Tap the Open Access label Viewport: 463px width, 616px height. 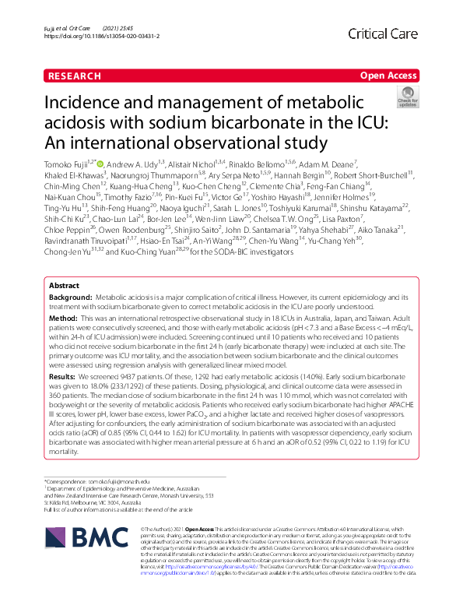[389, 76]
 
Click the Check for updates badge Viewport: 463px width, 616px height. [406, 97]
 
